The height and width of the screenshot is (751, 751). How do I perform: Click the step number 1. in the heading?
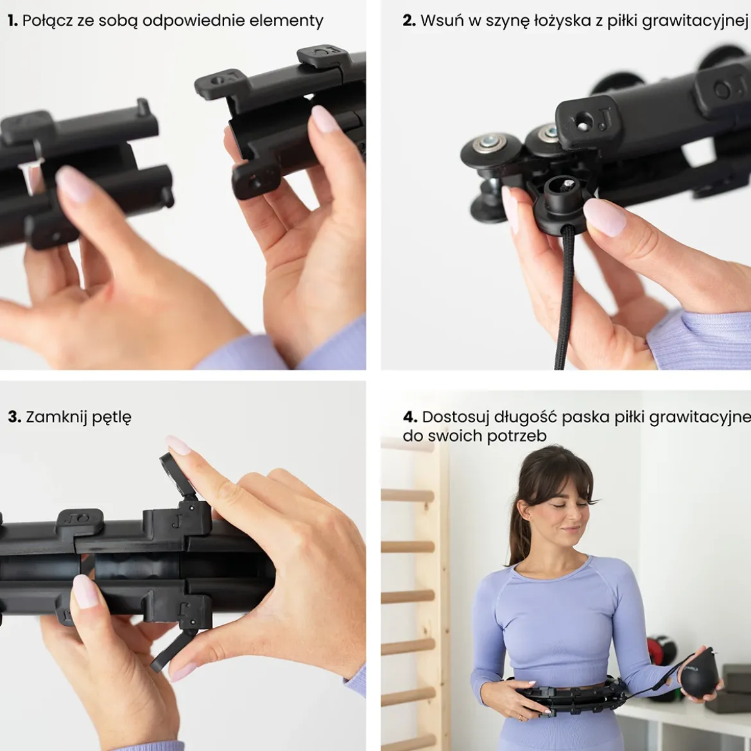click(x=12, y=21)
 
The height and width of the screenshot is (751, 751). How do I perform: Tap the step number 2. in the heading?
click(x=409, y=21)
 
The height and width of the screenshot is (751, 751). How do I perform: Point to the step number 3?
click(x=14, y=417)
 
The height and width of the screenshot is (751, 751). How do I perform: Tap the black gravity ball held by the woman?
click(x=700, y=675)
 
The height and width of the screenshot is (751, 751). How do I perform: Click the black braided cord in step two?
click(x=564, y=297)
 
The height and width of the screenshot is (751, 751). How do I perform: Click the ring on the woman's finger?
click(x=521, y=718)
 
